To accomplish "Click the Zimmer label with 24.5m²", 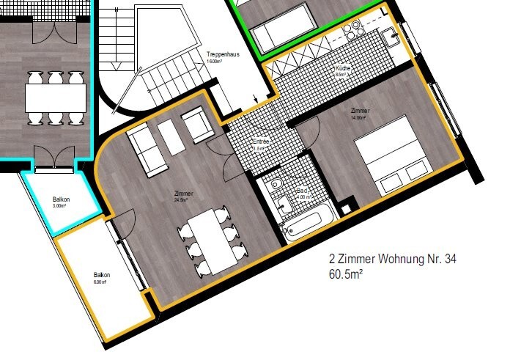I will (x=180, y=194).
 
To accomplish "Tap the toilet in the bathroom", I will (x=275, y=186).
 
